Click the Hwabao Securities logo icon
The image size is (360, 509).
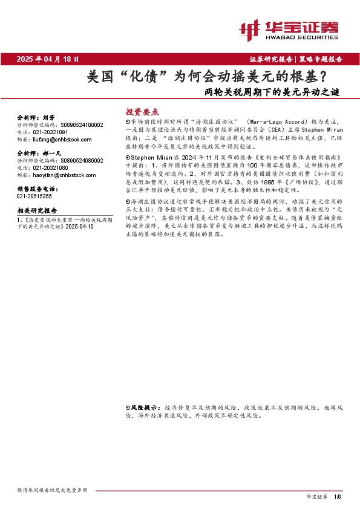pyautogui.click(x=250, y=28)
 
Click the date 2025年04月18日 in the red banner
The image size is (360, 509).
pyautogui.click(x=48, y=59)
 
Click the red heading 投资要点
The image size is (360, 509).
pyautogui.click(x=142, y=112)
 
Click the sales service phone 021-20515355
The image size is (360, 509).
pyautogui.click(x=34, y=196)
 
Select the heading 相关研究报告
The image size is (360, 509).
pyautogui.click(x=37, y=210)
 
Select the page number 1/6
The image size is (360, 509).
pyautogui.click(x=338, y=496)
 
